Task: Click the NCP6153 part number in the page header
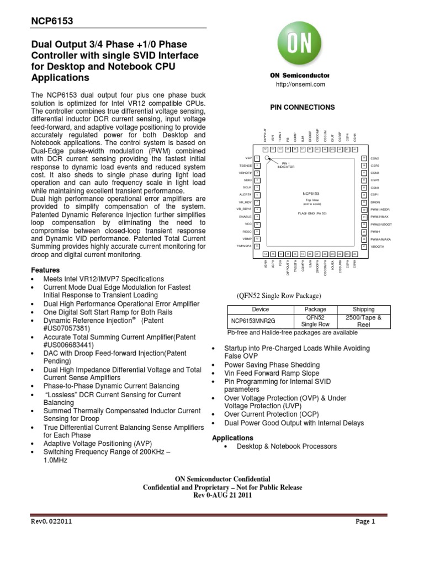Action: pyautogui.click(x=51, y=21)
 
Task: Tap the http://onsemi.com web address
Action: pyautogui.click(x=301, y=84)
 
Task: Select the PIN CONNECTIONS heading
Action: pyautogui.click(x=301, y=107)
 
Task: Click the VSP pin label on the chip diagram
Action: pyautogui.click(x=248, y=158)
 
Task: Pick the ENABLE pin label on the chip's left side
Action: pyautogui.click(x=245, y=217)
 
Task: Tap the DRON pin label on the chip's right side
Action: pyautogui.click(x=375, y=202)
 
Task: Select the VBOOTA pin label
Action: pyautogui.click(x=378, y=247)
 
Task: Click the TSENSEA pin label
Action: pyautogui.click(x=243, y=247)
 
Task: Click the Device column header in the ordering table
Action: pyautogui.click(x=260, y=310)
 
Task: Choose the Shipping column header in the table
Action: pyautogui.click(x=363, y=310)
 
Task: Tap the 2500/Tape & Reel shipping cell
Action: pyautogui.click(x=363, y=322)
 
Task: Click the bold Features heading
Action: pyautogui.click(x=45, y=270)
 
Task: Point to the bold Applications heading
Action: pyautogui.click(x=232, y=438)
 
